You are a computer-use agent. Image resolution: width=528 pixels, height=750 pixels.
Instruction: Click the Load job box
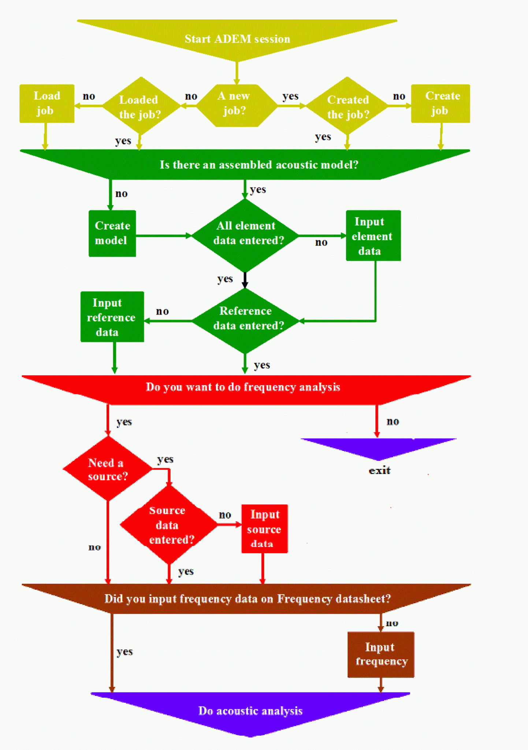point(47,104)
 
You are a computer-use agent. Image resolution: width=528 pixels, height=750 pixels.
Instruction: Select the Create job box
point(440,104)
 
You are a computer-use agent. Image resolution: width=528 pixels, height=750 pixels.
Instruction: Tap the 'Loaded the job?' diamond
point(140,106)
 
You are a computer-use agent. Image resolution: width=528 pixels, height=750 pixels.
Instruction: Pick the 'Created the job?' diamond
point(347,106)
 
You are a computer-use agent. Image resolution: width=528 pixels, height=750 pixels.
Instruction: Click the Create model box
point(112,234)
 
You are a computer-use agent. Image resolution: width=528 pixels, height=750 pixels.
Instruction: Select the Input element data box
point(373,236)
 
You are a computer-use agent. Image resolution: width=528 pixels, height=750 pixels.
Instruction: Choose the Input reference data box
point(112,317)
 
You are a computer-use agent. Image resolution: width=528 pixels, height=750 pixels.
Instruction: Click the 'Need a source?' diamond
point(108,469)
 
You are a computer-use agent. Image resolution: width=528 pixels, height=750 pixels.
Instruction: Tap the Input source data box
point(264,529)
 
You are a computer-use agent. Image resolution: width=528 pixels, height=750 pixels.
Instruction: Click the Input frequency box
point(380,654)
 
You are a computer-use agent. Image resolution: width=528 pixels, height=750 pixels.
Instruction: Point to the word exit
point(379,470)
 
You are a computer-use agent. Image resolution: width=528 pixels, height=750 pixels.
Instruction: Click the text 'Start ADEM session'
point(237,39)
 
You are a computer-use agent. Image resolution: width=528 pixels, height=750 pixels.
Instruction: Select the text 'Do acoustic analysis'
point(250,711)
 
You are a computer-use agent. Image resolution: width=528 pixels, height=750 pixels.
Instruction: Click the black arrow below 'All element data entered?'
point(245,280)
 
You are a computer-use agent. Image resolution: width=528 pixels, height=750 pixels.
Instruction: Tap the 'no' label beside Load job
point(89,96)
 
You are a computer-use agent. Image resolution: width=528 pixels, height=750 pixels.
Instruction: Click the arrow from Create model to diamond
point(163,236)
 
